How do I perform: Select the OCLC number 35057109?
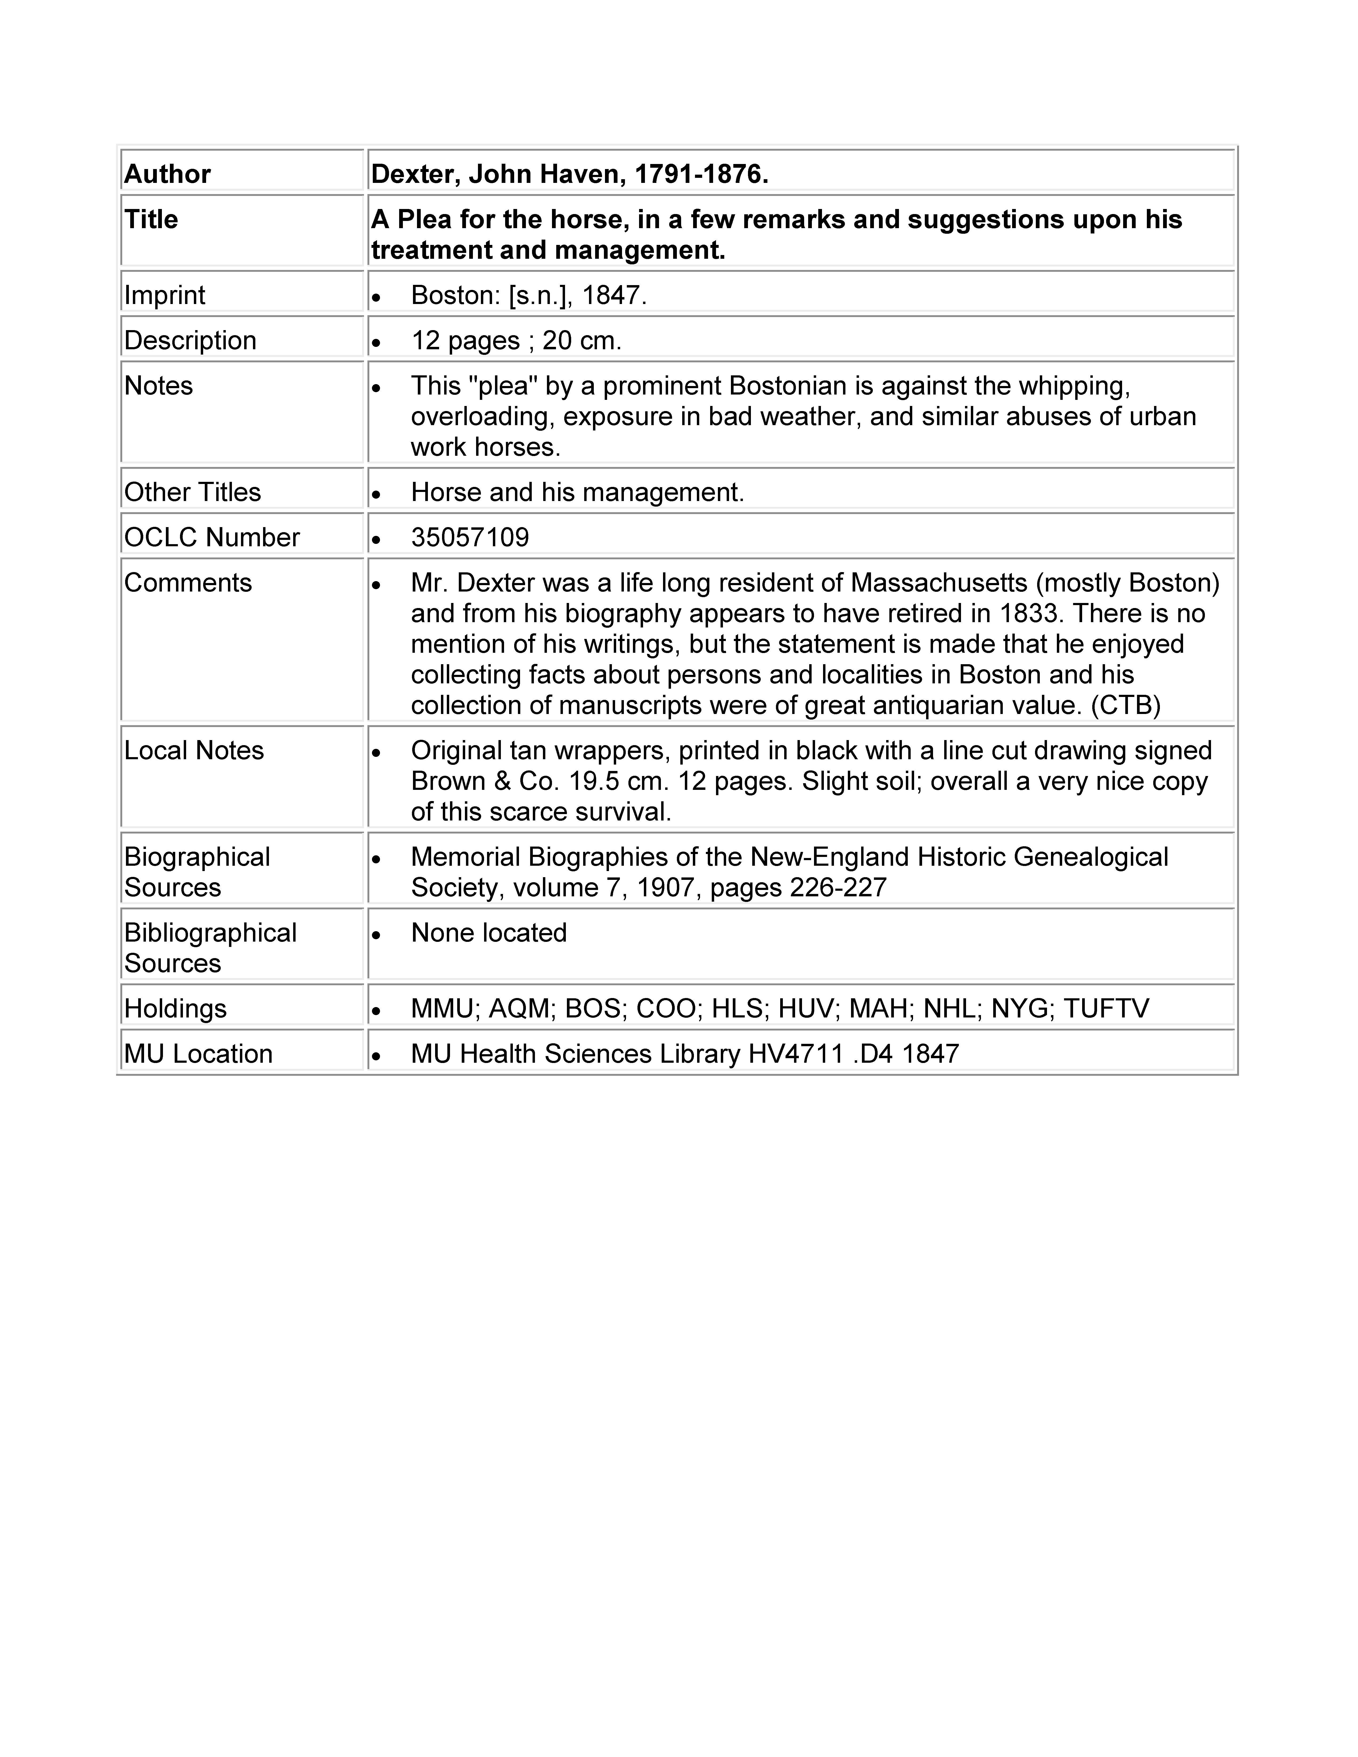coord(470,537)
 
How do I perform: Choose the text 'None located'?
coord(488,933)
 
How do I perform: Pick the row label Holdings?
coord(175,1009)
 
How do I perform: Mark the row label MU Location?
coord(198,1054)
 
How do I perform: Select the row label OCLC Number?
coord(212,537)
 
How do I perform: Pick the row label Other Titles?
coord(192,492)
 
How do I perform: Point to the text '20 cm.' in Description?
coord(582,341)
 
